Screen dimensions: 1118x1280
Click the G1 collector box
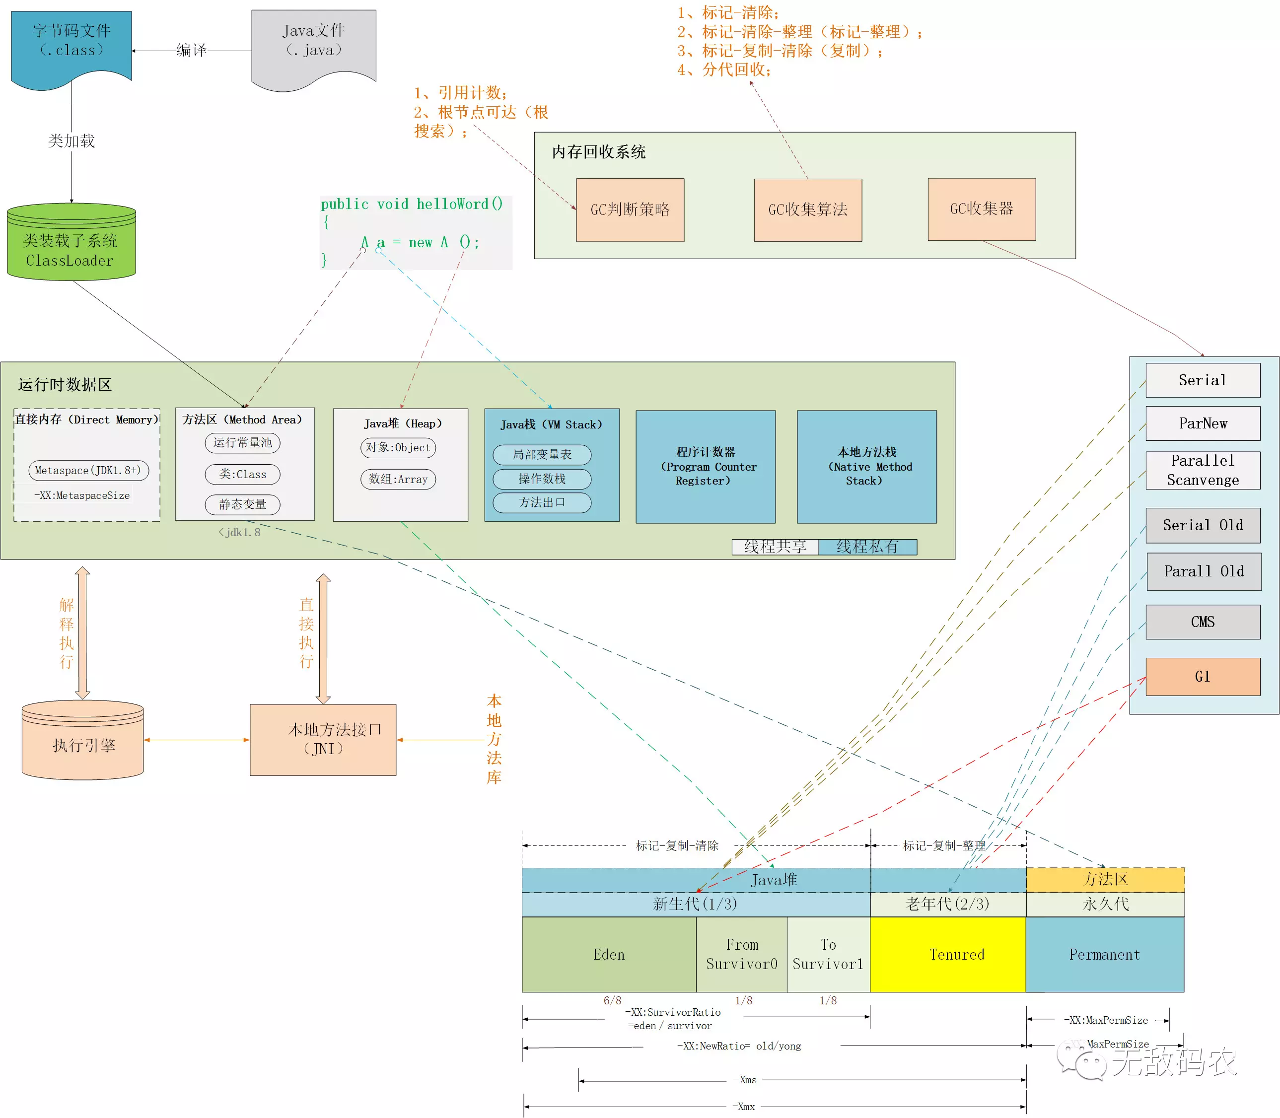click(x=1203, y=677)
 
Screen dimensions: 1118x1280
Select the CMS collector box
click(x=1203, y=622)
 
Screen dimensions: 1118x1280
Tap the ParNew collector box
click(x=1203, y=423)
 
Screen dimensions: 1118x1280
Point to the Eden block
click(x=609, y=955)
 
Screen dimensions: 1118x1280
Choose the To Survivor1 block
click(x=828, y=955)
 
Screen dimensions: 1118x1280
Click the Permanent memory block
click(x=1104, y=955)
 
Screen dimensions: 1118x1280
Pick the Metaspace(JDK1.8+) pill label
click(x=88, y=471)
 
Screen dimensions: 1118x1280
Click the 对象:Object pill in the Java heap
click(x=398, y=447)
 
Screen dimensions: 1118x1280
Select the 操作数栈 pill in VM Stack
click(x=542, y=479)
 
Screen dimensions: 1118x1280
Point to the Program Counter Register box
click(x=705, y=467)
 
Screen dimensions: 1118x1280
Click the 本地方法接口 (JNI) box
click(x=323, y=740)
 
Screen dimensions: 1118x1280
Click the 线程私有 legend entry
click(x=867, y=547)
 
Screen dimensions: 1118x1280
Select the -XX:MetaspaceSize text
click(x=82, y=495)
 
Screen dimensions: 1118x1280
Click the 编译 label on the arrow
click(x=191, y=50)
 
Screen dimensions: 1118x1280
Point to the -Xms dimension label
click(x=745, y=1079)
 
